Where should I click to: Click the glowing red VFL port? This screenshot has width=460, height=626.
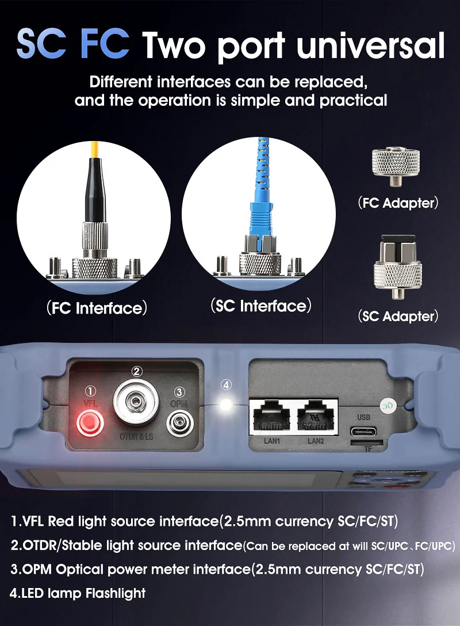click(90, 423)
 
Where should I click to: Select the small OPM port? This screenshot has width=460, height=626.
click(179, 423)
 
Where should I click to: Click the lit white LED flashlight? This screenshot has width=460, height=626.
click(226, 404)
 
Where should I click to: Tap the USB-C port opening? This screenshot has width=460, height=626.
click(363, 432)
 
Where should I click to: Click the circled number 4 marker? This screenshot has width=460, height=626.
click(226, 385)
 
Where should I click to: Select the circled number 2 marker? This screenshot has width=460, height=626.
click(136, 372)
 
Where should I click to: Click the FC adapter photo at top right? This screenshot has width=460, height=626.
click(396, 166)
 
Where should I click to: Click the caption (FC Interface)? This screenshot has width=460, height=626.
click(97, 308)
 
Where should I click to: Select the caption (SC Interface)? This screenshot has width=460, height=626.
click(261, 306)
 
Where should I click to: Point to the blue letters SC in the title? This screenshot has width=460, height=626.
click(41, 44)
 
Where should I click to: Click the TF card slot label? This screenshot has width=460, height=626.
click(368, 449)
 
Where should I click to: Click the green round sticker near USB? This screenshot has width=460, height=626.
click(387, 406)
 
